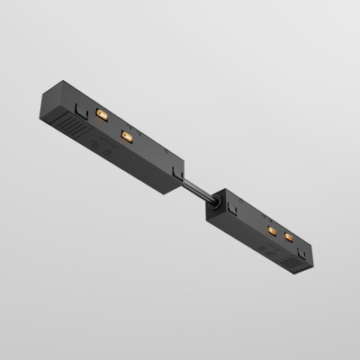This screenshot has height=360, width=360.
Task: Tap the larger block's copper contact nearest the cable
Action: (x=125, y=137)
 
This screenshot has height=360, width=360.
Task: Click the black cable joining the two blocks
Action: (x=197, y=184)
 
